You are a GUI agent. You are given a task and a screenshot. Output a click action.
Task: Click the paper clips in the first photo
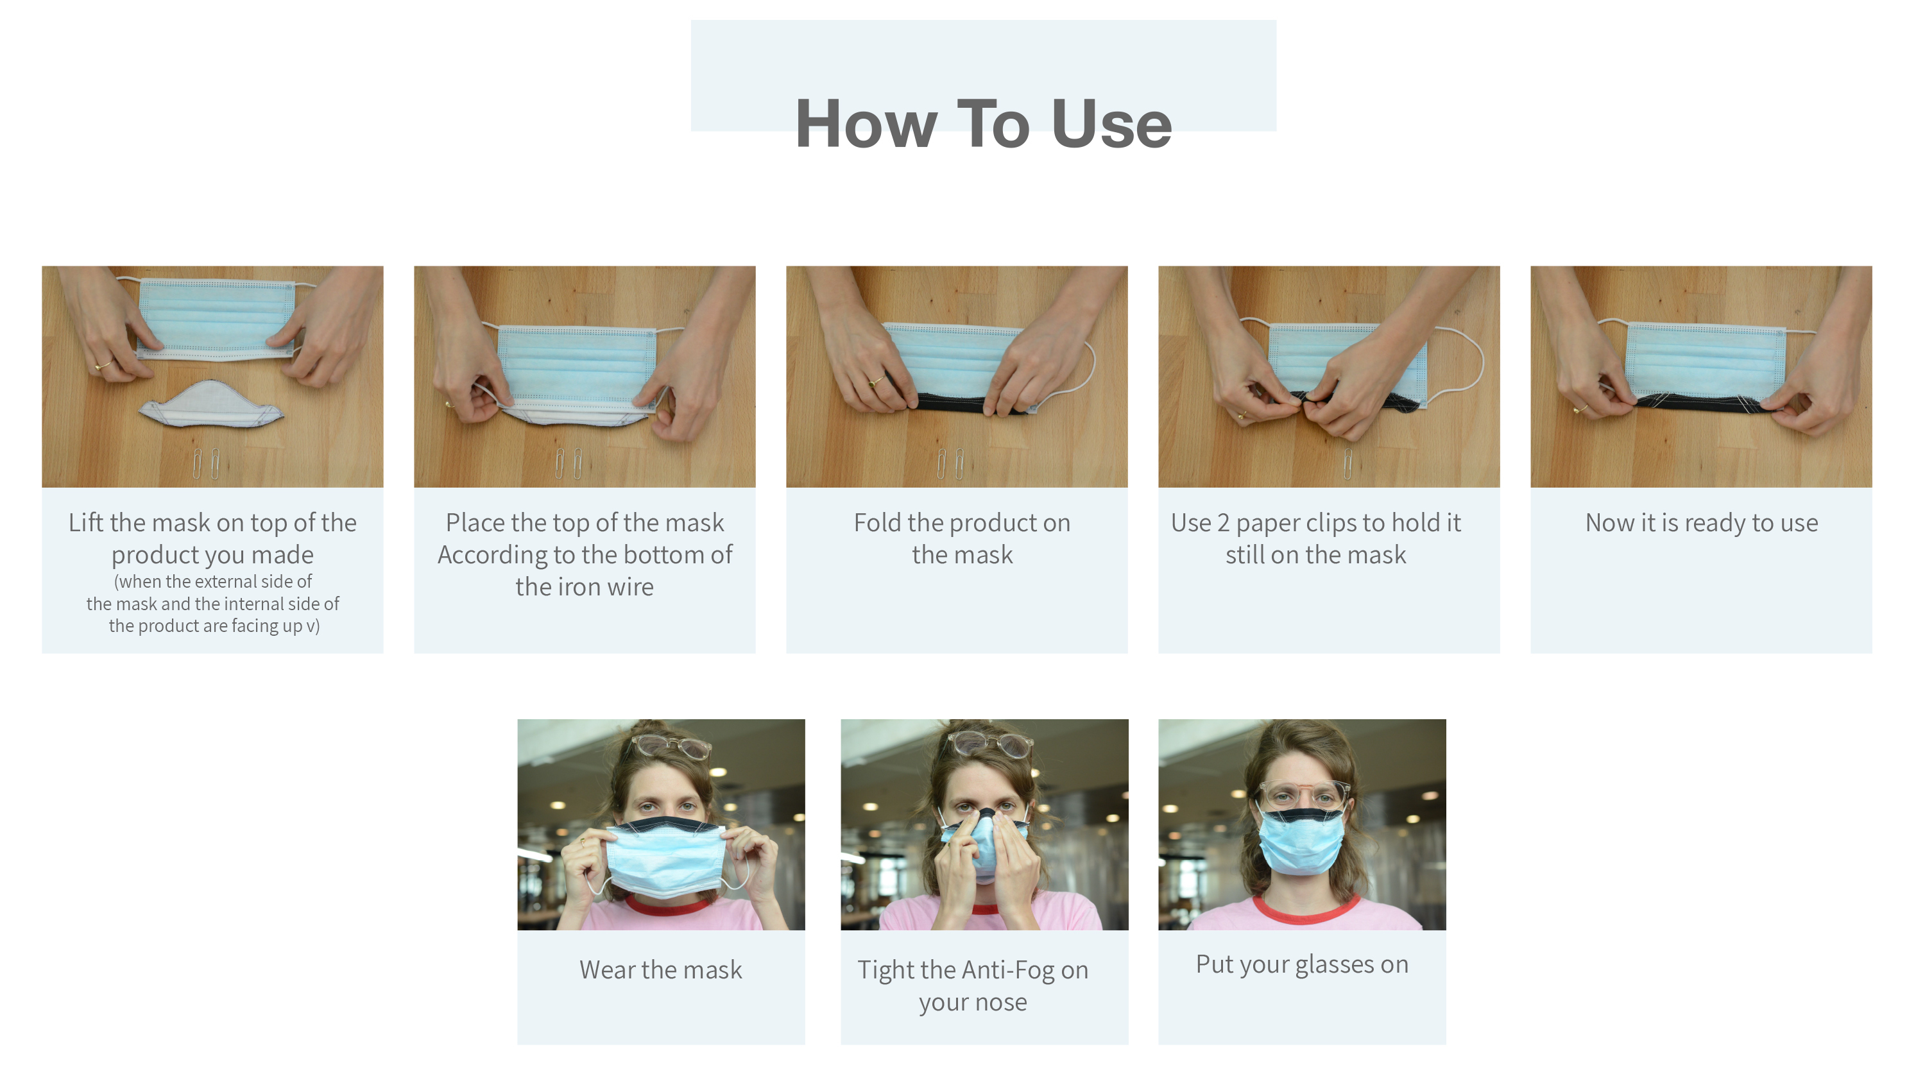(205, 463)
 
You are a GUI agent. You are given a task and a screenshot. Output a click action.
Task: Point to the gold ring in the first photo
(103, 366)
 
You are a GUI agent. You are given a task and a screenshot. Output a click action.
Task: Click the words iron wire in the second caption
(585, 586)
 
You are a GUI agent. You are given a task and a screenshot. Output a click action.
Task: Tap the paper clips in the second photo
(568, 463)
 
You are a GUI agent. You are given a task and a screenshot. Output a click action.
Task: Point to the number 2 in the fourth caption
(1222, 522)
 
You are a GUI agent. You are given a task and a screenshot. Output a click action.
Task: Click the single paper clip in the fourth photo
(1347, 463)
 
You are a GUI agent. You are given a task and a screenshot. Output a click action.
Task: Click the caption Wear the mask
(661, 969)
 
